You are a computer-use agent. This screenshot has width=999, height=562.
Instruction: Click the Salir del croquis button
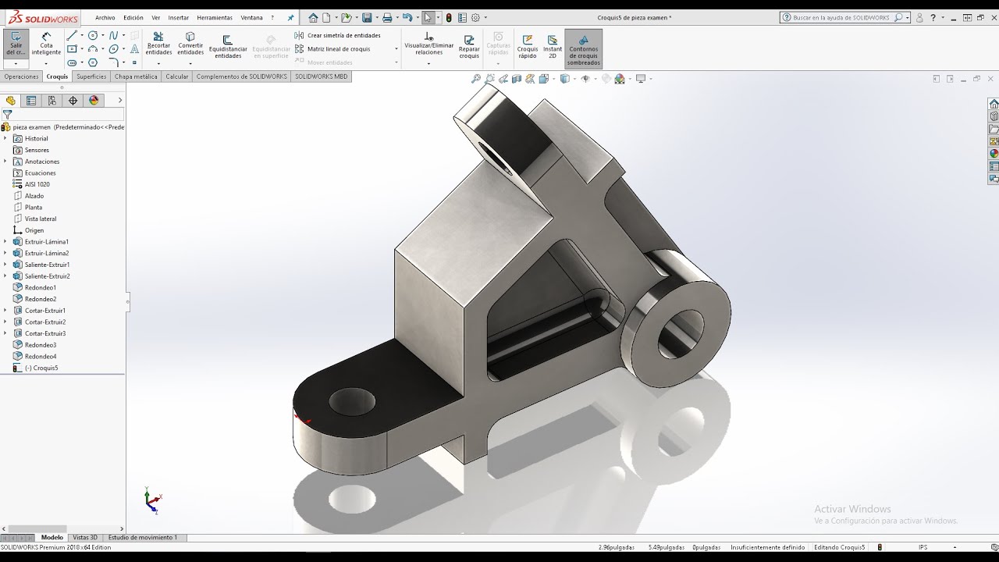coord(16,44)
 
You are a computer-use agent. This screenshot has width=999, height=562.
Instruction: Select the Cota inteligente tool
coord(46,44)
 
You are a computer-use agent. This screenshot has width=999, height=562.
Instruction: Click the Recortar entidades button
coord(158,44)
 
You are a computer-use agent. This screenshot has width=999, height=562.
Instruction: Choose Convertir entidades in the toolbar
coord(190,44)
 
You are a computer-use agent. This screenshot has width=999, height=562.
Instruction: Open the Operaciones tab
coord(21,76)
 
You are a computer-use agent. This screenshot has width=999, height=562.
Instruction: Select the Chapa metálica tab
coord(136,76)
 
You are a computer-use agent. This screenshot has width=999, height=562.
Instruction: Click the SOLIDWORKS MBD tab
coord(321,76)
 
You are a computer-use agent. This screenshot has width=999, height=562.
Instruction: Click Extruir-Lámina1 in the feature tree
coord(46,242)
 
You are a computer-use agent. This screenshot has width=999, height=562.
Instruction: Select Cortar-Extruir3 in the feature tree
coord(45,333)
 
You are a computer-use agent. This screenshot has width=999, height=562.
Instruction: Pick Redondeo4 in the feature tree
coord(40,357)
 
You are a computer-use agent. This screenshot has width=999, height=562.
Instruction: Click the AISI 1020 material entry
coord(37,184)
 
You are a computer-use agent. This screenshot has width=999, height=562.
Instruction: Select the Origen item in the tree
coord(34,230)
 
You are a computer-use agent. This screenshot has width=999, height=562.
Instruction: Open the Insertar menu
coord(178,17)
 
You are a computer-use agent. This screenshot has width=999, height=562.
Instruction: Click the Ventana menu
coord(251,17)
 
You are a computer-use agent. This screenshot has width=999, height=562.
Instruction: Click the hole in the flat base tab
coord(352,402)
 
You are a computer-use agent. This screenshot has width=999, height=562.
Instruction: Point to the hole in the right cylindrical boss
coord(680,333)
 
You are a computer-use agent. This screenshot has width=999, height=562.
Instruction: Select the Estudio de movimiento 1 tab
coord(142,538)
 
